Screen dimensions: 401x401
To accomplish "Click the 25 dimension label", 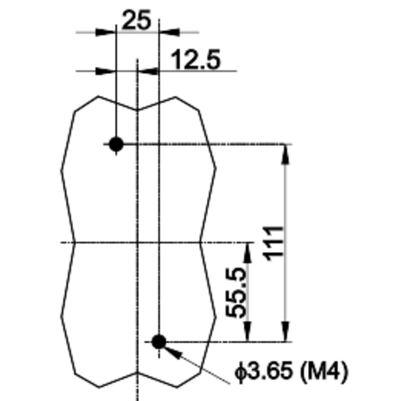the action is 136,20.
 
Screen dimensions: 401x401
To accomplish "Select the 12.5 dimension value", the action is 196,60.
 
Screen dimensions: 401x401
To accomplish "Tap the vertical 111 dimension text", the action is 273,243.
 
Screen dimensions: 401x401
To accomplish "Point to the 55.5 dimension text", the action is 236,292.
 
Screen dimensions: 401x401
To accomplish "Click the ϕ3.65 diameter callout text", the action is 264,371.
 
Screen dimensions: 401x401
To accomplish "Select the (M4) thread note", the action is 323,372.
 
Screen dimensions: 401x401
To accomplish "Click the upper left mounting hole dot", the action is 116,144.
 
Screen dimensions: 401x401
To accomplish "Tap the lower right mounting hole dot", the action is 159,341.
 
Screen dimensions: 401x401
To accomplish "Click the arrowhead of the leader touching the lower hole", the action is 172,352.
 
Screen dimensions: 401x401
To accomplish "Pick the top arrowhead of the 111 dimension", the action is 285,154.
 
